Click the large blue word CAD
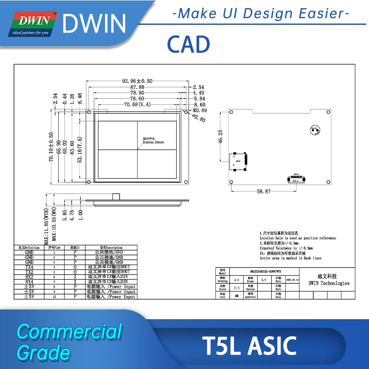(x=188, y=45)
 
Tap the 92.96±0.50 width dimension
(x=137, y=81)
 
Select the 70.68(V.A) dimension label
(x=137, y=105)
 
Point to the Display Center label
(x=153, y=142)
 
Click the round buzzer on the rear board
(x=315, y=130)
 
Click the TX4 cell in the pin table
(x=29, y=267)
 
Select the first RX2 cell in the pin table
(x=29, y=277)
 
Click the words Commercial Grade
(x=69, y=341)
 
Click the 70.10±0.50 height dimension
(x=51, y=147)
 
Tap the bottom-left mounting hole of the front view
(x=89, y=182)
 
